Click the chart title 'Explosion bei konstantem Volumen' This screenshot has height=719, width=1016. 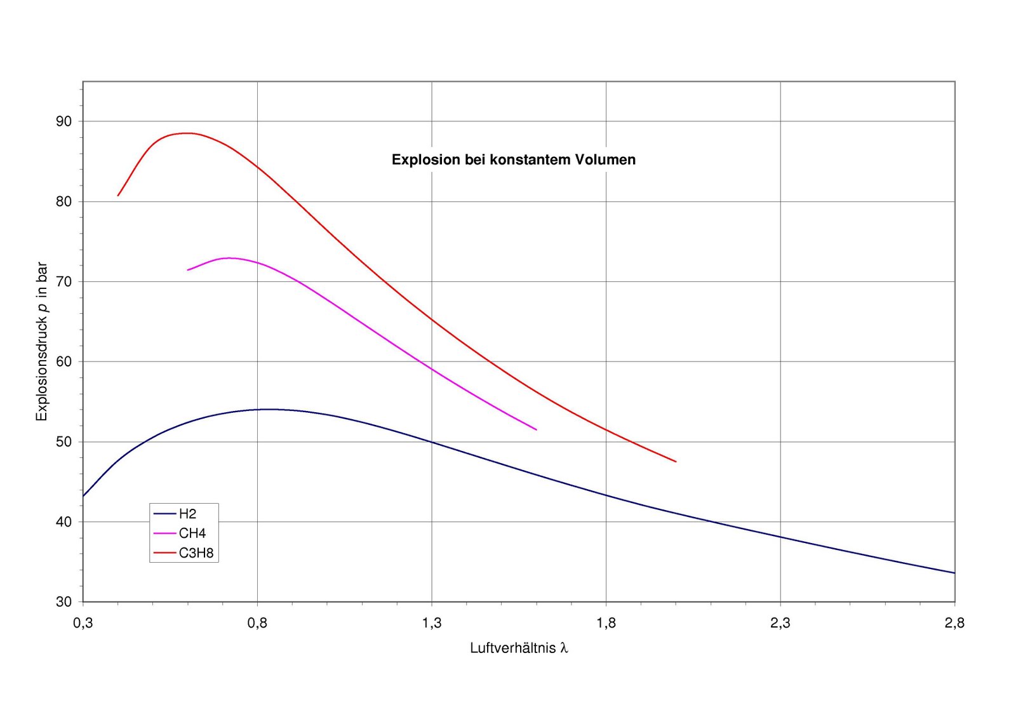point(514,159)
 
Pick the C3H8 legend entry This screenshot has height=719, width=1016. point(184,553)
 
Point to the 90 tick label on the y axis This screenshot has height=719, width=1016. point(64,121)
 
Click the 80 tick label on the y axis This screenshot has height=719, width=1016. point(64,201)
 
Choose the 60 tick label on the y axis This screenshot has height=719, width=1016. point(64,361)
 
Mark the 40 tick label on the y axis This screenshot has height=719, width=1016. point(64,521)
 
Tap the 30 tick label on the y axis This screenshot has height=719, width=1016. point(64,602)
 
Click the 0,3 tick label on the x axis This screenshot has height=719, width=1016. point(83,623)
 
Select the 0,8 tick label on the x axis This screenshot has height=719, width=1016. point(257,623)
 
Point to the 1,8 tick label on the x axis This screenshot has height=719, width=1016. point(606,623)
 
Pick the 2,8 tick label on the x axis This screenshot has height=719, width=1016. point(955,623)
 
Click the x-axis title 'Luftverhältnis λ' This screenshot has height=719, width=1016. point(519,648)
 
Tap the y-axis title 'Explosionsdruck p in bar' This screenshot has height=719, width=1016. point(42,341)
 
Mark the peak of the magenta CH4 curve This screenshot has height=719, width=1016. point(229,258)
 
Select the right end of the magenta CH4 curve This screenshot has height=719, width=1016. point(536,429)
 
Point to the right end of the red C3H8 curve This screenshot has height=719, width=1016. point(676,461)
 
